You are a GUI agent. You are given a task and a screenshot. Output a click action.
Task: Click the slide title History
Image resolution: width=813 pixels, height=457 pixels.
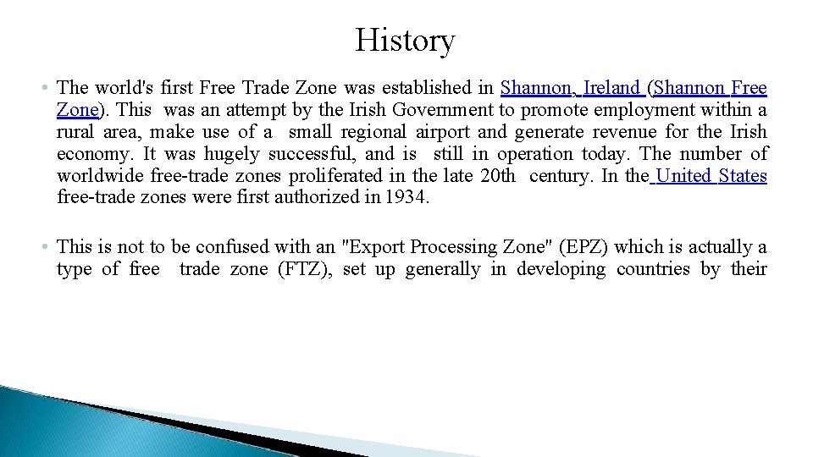coord(405,41)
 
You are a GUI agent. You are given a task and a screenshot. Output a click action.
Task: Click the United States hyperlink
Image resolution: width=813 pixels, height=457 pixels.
coord(711,176)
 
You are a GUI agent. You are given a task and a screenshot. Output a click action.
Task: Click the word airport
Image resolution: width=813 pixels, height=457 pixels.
coord(441,132)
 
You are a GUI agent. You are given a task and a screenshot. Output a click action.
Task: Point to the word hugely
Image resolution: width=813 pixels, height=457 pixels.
coord(235,154)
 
